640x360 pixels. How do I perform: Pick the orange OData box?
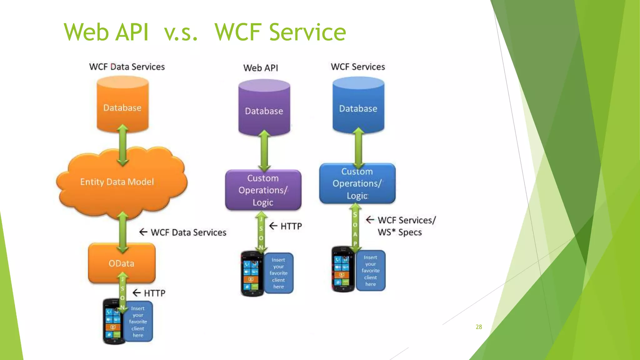122,263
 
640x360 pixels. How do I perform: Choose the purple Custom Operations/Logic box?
263,190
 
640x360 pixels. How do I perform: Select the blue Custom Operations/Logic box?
357,183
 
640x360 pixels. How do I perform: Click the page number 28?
479,327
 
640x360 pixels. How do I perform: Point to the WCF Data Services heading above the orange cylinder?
127,67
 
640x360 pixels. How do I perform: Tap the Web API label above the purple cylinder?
261,68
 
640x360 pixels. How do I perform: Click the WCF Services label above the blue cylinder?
358,67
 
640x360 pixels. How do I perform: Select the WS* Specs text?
400,232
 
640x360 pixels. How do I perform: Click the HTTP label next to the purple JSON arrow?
291,226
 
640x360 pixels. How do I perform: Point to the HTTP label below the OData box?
154,293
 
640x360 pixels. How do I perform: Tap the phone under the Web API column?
252,273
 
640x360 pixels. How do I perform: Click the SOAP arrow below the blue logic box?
355,228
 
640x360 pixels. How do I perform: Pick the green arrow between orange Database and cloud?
122,145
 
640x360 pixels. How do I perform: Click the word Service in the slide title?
307,32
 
